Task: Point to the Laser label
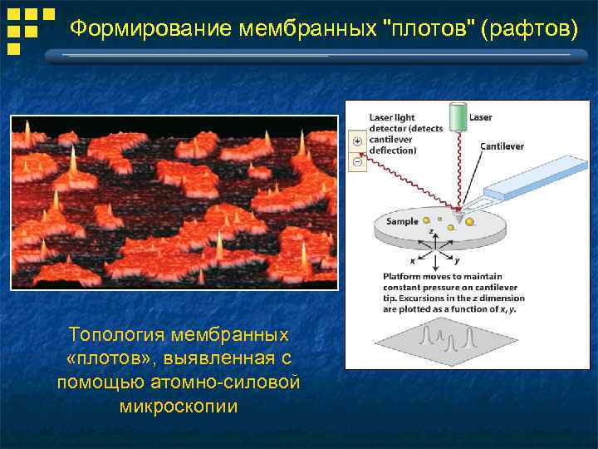(x=480, y=117)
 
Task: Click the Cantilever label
(x=502, y=146)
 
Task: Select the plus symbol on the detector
(x=357, y=141)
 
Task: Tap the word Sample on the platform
(x=402, y=222)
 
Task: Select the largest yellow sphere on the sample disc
(x=469, y=222)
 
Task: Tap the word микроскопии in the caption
(x=178, y=407)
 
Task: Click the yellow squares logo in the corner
(x=31, y=31)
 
